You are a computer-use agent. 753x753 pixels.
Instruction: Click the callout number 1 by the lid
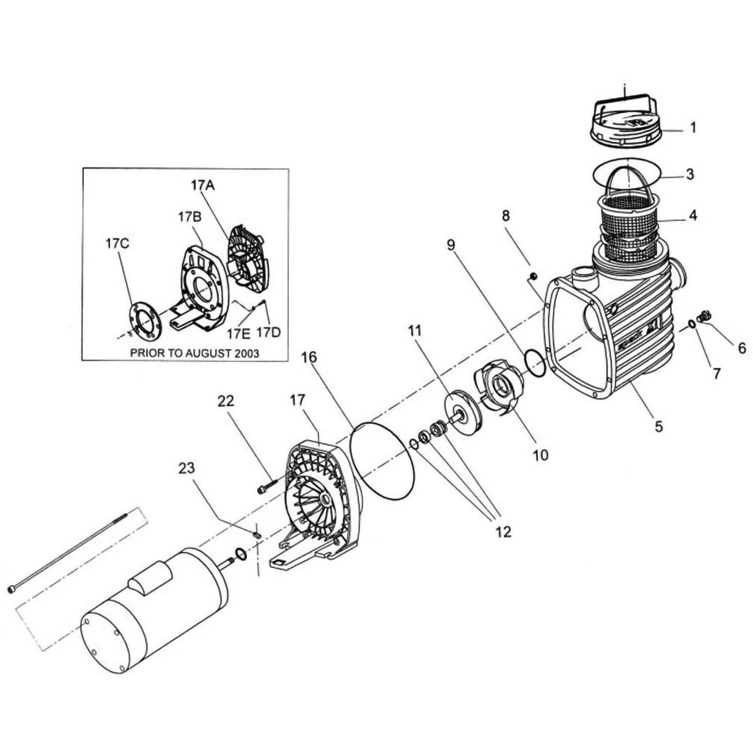coord(693,128)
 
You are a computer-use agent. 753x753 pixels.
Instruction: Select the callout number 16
coord(309,357)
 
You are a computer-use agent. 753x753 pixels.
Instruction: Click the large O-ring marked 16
coord(383,460)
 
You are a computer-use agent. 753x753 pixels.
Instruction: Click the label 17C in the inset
coord(117,244)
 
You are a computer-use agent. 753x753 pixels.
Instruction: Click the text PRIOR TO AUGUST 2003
coord(195,353)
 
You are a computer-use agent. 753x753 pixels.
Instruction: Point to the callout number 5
coord(658,426)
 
